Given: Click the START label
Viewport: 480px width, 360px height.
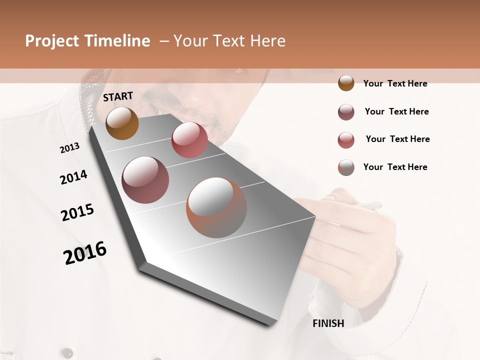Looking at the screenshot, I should pos(118,96).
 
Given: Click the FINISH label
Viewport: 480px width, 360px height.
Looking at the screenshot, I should pos(328,323).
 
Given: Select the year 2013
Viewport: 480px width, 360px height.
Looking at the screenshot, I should pos(69,148).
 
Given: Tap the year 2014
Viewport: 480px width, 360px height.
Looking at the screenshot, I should pos(73,177).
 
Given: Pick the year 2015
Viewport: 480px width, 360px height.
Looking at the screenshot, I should pos(77,212).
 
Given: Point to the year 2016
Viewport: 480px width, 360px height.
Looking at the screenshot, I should pos(85,253).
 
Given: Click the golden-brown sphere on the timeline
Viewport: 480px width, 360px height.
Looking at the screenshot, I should pos(122,123).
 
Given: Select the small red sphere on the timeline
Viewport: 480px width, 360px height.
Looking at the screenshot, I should pos(189,140).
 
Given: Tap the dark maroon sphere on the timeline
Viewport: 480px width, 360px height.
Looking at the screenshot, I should pos(145,180).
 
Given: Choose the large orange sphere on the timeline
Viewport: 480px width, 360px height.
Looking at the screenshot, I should pos(216,207).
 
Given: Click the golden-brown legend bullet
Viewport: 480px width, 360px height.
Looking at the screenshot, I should pos(346,83).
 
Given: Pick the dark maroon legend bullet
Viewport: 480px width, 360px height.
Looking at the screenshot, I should pos(346,112).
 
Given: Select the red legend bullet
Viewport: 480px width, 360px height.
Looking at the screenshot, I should pos(346,139).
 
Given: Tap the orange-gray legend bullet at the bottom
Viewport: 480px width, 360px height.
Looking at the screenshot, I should pos(346,167).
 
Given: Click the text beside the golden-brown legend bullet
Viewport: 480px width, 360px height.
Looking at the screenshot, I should pos(395,83).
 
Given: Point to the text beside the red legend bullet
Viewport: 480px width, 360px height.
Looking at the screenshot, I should pos(397,139).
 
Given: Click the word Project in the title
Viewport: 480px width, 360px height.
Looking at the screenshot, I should pos(52,41).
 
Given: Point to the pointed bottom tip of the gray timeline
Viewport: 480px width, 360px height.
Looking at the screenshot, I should pos(270,324).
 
